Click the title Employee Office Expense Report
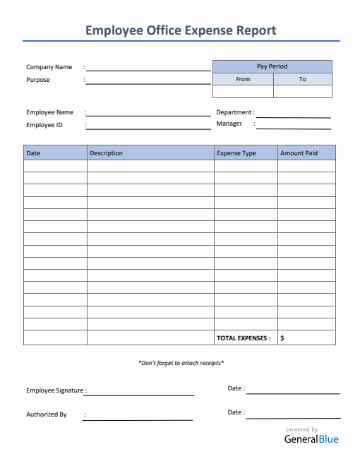click(180, 30)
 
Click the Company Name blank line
click(148, 70)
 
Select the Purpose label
click(38, 80)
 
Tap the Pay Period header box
click(272, 66)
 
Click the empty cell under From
click(243, 91)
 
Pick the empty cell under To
click(302, 91)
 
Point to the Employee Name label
click(49, 112)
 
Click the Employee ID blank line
click(148, 128)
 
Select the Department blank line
click(294, 116)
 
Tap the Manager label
click(229, 124)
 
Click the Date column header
click(33, 153)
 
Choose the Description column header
click(107, 153)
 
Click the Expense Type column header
click(236, 153)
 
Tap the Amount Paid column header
click(299, 153)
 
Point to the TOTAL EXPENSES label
click(244, 338)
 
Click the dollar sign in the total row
click(282, 338)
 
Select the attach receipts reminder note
click(181, 363)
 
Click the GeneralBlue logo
click(311, 439)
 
